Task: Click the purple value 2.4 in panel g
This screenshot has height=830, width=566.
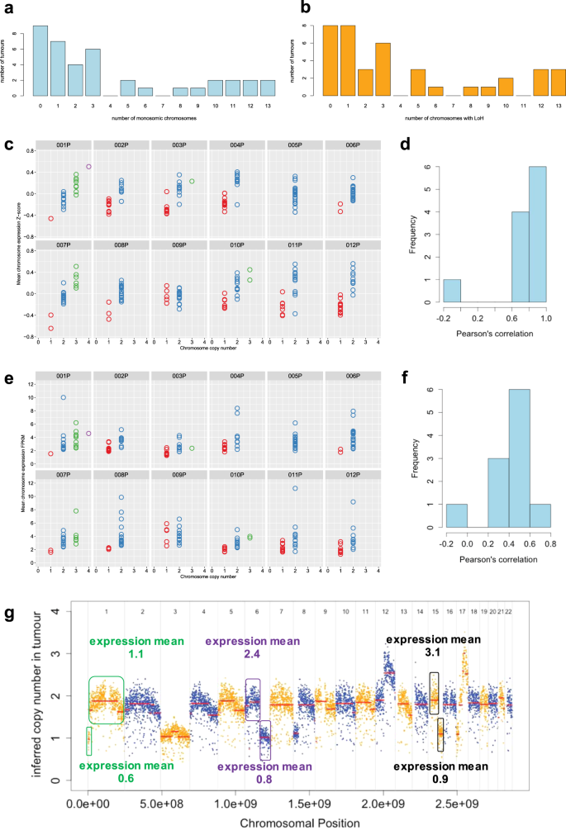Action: tap(254, 653)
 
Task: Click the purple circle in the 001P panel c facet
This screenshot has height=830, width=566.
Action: tap(88, 167)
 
